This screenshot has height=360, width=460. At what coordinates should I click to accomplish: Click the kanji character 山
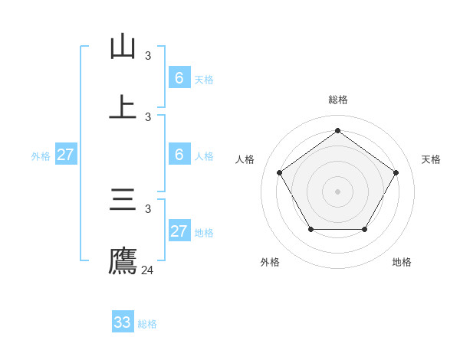[123, 47]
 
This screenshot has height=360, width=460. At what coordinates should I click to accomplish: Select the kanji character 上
[123, 107]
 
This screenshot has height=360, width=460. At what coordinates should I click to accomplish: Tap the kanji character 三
[123, 200]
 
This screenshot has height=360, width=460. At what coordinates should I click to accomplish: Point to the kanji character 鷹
[123, 260]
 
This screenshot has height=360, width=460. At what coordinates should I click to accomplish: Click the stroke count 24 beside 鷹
[148, 270]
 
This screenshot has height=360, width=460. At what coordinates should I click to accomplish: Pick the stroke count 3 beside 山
[148, 56]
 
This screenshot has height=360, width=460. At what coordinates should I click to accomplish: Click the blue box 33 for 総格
[123, 322]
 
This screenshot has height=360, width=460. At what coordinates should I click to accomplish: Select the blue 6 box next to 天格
[179, 78]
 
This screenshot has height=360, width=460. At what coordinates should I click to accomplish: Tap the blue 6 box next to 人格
[179, 155]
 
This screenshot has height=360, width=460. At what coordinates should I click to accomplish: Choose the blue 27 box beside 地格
[179, 231]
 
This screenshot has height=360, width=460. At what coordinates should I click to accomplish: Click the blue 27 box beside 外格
[66, 155]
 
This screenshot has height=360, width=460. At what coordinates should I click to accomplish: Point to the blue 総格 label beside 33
[148, 324]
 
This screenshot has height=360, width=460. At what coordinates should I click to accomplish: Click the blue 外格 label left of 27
[41, 156]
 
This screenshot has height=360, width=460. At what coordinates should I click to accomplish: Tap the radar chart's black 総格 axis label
[338, 100]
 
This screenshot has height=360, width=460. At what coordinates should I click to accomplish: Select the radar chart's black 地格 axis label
[402, 262]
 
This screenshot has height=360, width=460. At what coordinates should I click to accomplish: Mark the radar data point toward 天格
[396, 172]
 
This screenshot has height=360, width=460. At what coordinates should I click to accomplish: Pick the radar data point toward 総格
[338, 130]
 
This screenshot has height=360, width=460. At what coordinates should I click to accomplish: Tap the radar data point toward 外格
[310, 229]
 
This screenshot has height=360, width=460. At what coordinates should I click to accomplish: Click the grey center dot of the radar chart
[338, 191]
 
